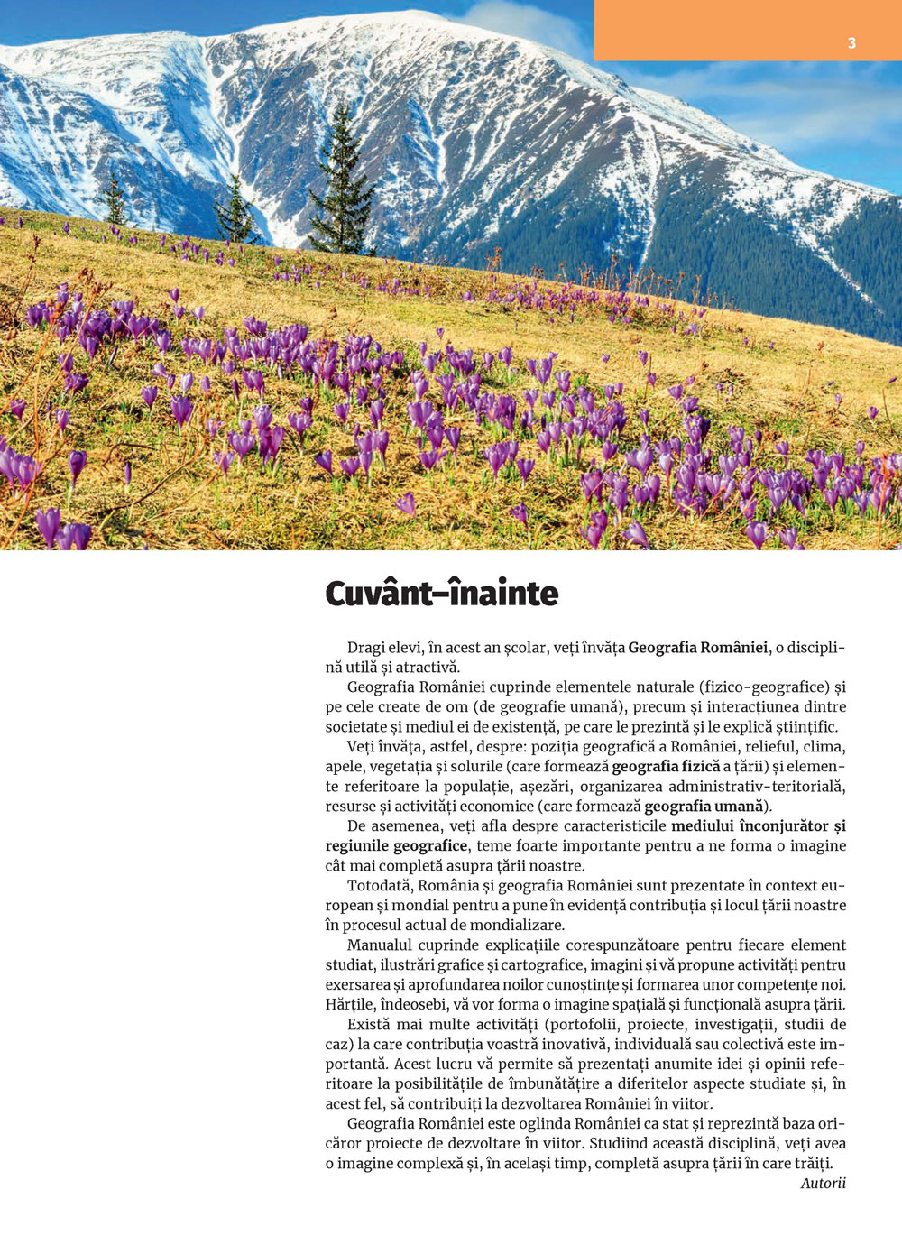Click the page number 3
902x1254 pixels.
tap(851, 42)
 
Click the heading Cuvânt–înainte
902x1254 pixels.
tap(441, 594)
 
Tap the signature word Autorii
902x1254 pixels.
tap(823, 1183)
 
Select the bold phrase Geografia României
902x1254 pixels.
tap(698, 647)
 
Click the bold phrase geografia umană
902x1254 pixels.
tap(704, 806)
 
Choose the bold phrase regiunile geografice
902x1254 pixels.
tap(396, 845)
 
